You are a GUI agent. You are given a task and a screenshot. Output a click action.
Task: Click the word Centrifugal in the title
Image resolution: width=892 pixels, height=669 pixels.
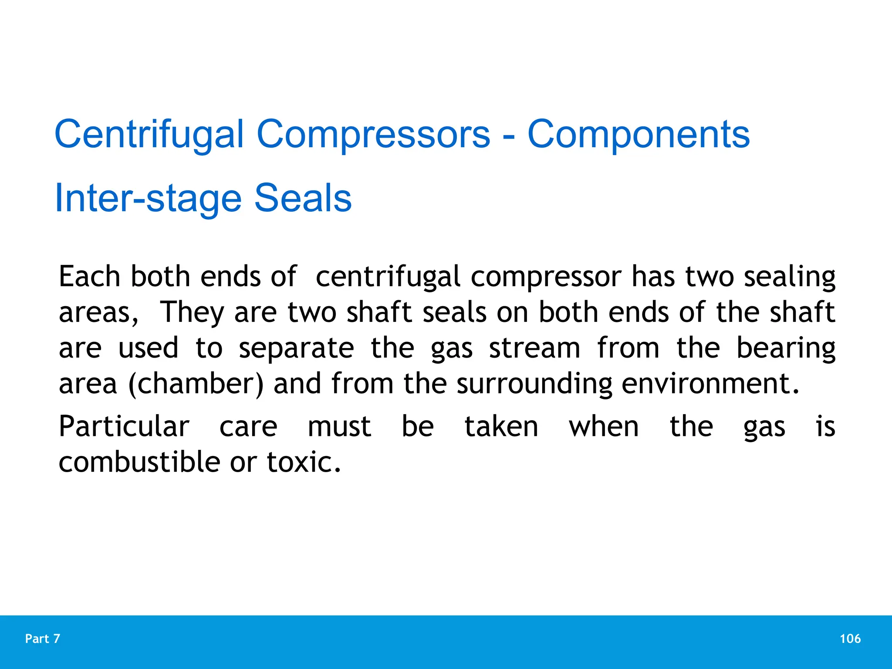tap(149, 135)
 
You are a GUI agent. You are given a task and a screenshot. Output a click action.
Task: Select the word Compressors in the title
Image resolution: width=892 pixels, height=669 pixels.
tap(373, 135)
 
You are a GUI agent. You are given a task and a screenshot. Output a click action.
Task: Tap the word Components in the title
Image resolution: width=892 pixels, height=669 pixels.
tap(639, 135)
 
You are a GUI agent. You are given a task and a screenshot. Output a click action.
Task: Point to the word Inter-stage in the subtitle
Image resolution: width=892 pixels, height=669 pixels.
tap(148, 199)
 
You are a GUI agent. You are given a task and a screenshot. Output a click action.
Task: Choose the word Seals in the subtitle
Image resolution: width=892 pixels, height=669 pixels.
tap(303, 199)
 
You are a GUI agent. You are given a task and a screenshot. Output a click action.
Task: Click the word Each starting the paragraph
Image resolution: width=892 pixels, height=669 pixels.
tap(89, 277)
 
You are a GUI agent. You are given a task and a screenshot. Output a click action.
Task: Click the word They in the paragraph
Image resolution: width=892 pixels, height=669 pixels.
tap(192, 313)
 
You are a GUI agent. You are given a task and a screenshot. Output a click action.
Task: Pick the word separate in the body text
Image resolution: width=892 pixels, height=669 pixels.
tap(296, 349)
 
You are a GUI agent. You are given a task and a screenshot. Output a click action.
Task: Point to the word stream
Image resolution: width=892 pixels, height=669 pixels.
tap(534, 349)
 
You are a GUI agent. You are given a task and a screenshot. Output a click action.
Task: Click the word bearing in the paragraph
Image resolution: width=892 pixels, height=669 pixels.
tap(786, 349)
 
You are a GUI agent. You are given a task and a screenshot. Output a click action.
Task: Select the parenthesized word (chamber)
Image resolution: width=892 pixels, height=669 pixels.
tap(196, 384)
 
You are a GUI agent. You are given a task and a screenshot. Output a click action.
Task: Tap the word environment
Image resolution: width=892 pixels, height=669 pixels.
tap(710, 384)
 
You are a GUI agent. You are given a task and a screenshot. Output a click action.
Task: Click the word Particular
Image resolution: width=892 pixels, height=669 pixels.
tap(124, 427)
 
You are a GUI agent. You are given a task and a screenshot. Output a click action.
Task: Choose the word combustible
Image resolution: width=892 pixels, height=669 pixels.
tap(139, 462)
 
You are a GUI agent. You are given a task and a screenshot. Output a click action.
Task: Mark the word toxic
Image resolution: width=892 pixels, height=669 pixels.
tap(303, 462)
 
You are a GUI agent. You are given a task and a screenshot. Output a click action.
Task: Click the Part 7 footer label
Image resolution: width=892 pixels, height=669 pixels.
tap(43, 639)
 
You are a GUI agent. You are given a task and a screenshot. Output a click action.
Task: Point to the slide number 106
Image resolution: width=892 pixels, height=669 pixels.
tap(850, 639)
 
